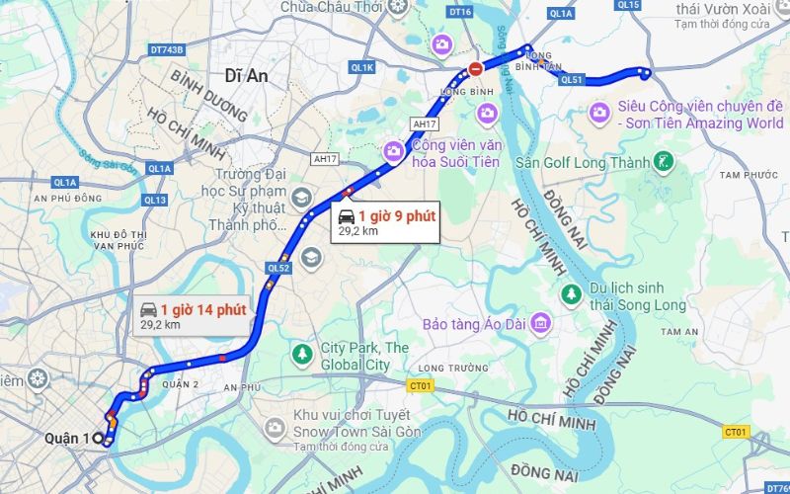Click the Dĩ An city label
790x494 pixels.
tap(247, 75)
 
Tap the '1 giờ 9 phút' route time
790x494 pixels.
tap(395, 214)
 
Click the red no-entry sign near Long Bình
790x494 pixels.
tap(476, 69)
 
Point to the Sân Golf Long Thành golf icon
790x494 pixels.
tap(665, 162)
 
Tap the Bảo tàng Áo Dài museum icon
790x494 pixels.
tap(539, 323)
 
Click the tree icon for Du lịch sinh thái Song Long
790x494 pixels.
tap(571, 293)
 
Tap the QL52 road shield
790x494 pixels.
tap(277, 267)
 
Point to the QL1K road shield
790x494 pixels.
tap(363, 67)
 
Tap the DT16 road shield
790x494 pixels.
tap(460, 13)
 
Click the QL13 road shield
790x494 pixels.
tap(154, 200)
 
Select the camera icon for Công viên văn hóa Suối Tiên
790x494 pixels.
tap(394, 150)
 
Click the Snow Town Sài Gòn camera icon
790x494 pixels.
tap(276, 427)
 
